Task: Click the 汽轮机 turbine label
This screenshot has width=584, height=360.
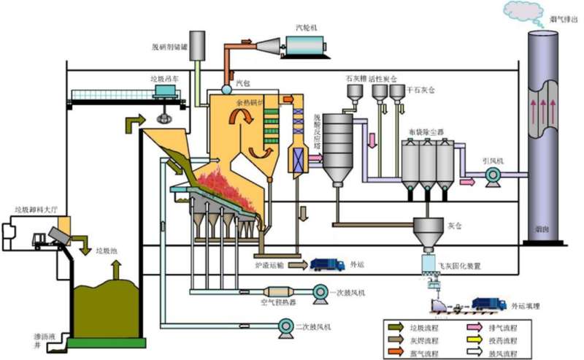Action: click(306, 27)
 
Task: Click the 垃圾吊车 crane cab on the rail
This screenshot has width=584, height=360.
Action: click(167, 92)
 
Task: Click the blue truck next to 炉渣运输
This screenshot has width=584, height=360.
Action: click(327, 265)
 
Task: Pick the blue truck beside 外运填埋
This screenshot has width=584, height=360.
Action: click(488, 304)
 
